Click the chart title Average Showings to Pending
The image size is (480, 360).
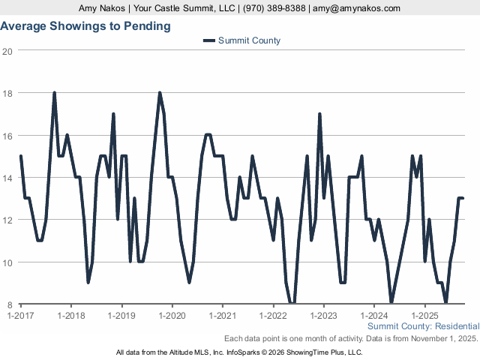pyautogui.click(x=85, y=26)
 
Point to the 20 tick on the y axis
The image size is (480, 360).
pyautogui.click(x=7, y=51)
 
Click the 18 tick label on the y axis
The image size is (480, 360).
pyautogui.click(x=7, y=93)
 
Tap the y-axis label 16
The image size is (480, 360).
pyautogui.click(x=7, y=136)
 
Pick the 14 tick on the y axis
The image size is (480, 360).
pyautogui.click(x=7, y=178)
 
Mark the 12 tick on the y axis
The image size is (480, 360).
pyautogui.click(x=7, y=220)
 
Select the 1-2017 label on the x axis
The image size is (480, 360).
pyautogui.click(x=20, y=315)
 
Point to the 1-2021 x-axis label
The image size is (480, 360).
pyautogui.click(x=223, y=315)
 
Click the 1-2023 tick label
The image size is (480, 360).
pyautogui.click(x=323, y=315)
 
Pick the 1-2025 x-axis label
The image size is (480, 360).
pyautogui.click(x=424, y=315)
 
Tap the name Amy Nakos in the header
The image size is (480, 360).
pyautogui.click(x=102, y=8)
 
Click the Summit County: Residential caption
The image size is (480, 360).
pyautogui.click(x=423, y=327)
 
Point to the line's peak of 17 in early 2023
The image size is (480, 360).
pyautogui.click(x=319, y=115)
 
